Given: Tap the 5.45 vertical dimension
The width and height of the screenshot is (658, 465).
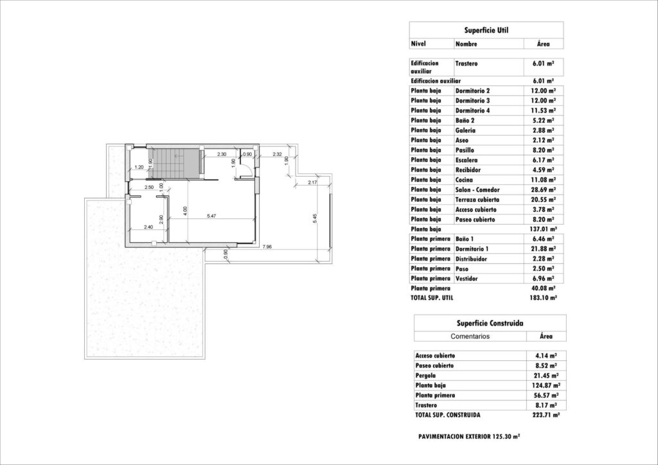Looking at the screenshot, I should [x=314, y=218].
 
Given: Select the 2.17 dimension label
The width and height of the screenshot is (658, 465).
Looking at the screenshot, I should [x=313, y=184].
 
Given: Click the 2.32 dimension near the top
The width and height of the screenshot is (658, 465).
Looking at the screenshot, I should [x=278, y=154].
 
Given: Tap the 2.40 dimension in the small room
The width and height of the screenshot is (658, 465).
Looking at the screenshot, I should [x=148, y=227].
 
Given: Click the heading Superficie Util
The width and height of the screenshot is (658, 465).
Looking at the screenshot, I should [x=486, y=30].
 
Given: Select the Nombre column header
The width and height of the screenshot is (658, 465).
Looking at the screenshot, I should [x=467, y=44].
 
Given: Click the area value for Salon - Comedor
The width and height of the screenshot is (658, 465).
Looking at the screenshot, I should [x=543, y=189].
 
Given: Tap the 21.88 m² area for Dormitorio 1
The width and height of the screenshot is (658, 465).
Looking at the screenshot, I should [x=543, y=249].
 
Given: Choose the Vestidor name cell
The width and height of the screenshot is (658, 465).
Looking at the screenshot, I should [x=468, y=278].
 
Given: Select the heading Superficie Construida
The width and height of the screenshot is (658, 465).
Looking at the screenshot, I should [x=490, y=323].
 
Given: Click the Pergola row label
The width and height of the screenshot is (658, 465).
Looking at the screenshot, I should [x=426, y=375].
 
